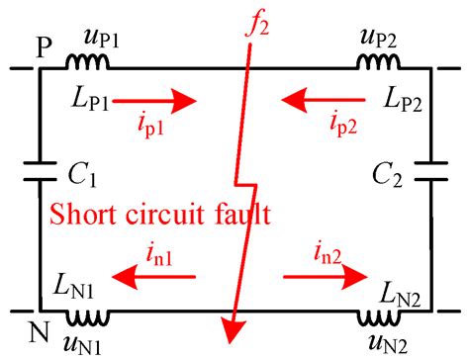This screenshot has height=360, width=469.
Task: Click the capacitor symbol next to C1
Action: [38, 178]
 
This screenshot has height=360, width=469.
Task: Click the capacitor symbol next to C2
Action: [431, 178]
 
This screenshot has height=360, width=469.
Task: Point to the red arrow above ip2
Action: [317, 100]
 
